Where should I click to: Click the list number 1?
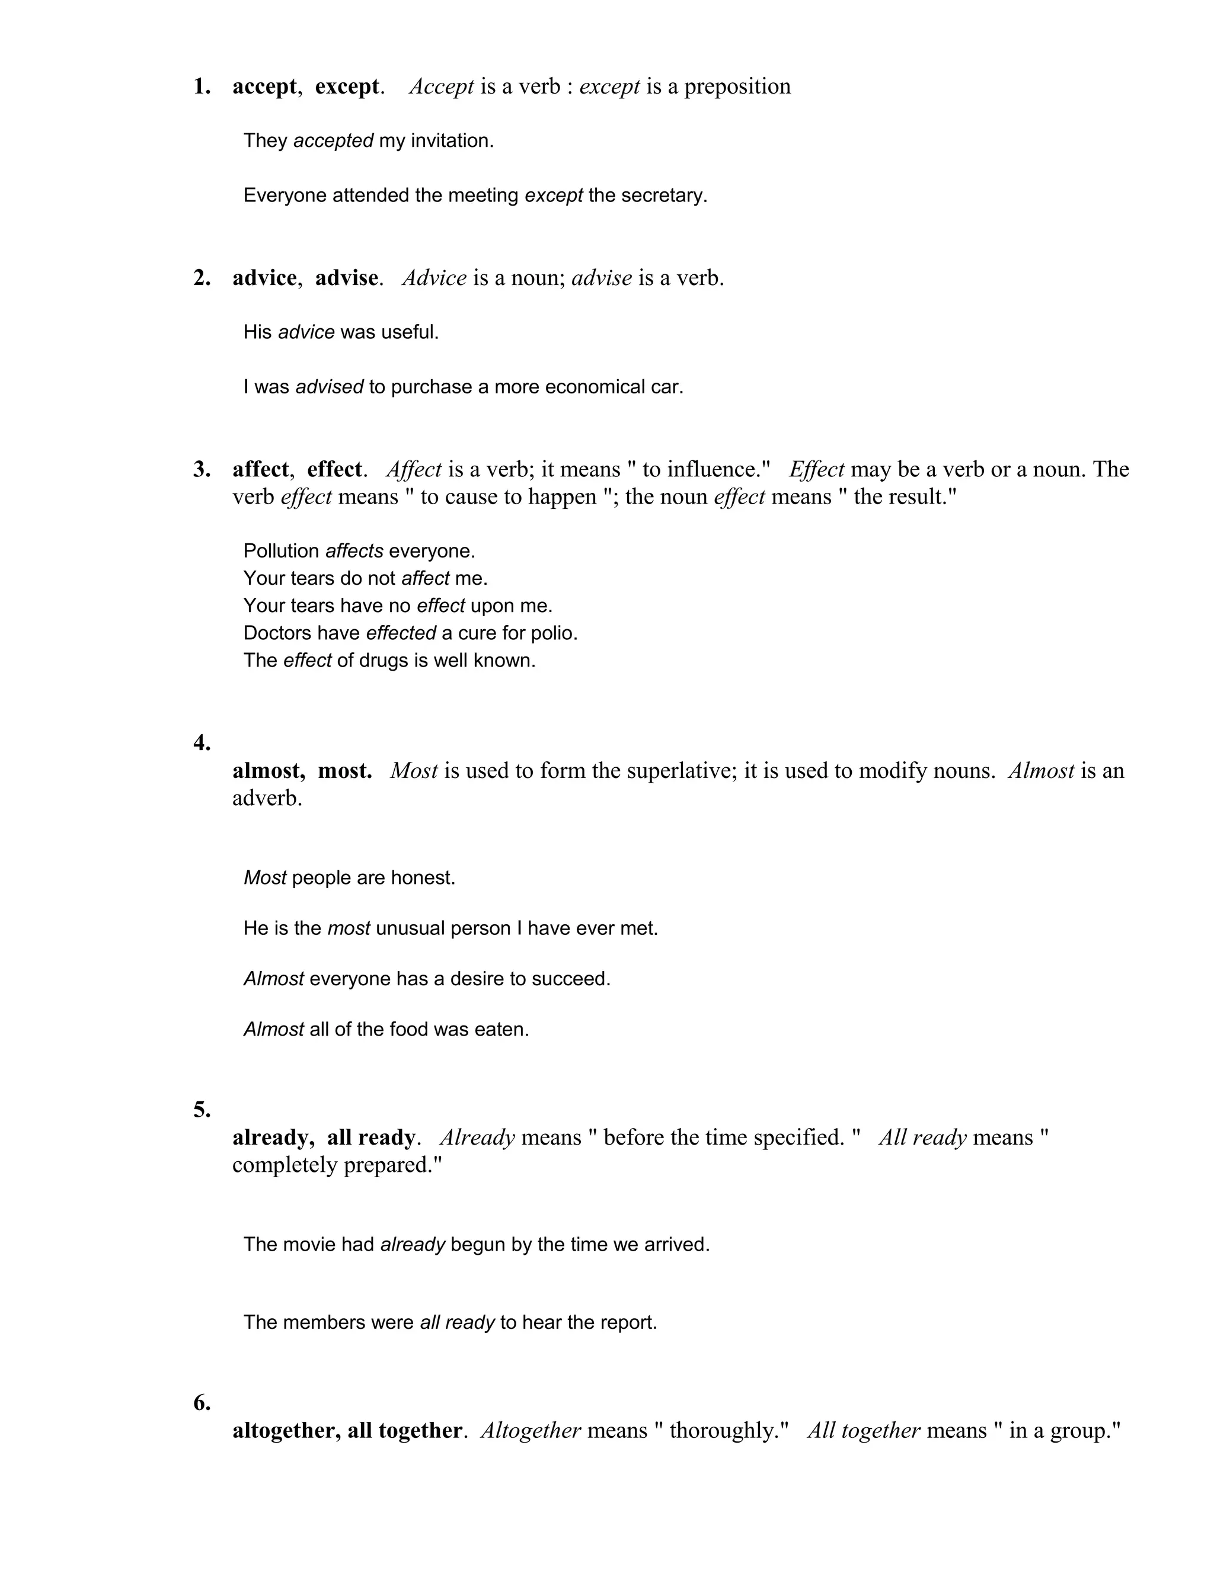point(202,87)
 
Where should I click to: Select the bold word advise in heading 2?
point(346,278)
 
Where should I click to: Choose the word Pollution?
point(281,552)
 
